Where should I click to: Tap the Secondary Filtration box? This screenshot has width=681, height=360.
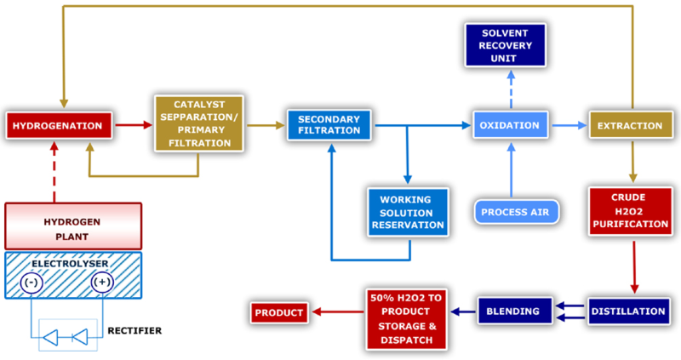coord(329,126)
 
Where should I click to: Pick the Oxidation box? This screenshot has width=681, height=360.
coord(509,126)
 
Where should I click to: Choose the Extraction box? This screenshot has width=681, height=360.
coord(630,126)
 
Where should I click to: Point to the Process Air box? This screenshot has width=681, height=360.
coord(515,211)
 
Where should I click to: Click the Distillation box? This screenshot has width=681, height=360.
coord(630,311)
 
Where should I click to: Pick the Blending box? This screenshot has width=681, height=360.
coord(511,311)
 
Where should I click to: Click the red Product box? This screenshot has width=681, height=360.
coord(279,312)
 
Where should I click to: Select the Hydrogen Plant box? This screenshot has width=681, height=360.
coord(72,226)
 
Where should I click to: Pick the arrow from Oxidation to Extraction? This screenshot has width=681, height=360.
coord(569,126)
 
